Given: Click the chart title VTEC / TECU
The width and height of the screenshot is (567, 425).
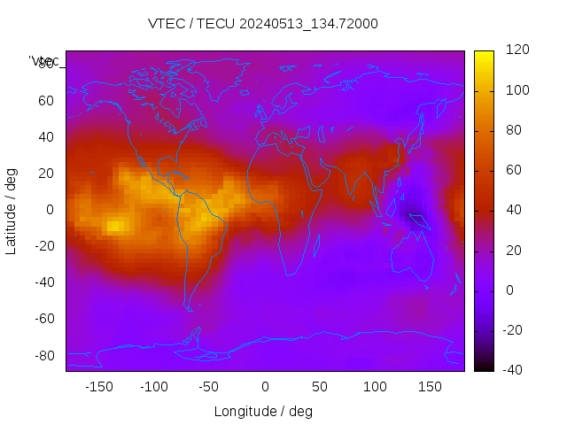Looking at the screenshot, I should coord(263,24).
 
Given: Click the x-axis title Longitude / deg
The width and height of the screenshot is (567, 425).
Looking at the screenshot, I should coord(263,412).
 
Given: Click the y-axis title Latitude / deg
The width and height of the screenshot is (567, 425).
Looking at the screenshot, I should coord(12,210).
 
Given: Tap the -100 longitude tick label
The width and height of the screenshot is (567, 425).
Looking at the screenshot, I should coord(153,387).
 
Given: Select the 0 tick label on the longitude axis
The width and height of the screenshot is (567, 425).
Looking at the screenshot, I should coord(264,387).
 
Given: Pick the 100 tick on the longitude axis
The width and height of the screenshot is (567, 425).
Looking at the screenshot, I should coord(375,387).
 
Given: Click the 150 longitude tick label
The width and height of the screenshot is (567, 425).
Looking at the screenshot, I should coord(430,387).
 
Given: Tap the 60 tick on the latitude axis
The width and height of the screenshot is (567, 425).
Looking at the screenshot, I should coord(46,101).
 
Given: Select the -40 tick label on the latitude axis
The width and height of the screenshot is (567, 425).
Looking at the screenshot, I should coord(43,282).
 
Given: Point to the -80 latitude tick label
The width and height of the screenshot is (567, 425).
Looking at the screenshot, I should coord(43,355).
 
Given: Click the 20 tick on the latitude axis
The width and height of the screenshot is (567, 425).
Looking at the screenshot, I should coord(46,174).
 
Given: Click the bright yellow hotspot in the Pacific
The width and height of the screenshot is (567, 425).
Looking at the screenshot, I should coord(114,226).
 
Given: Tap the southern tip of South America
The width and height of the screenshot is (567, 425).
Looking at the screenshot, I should coord(188,309).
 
